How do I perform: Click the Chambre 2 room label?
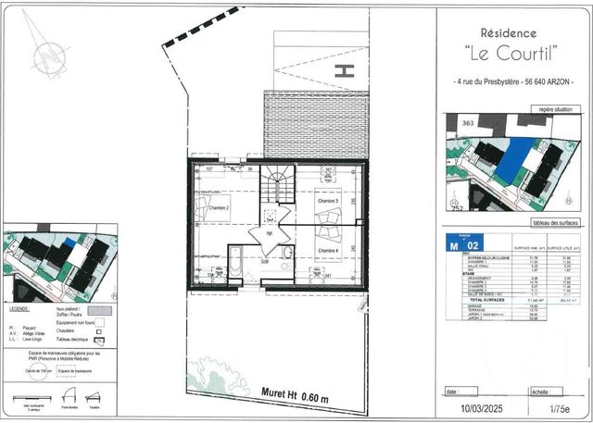click(218, 209)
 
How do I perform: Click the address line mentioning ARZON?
click(513, 83)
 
